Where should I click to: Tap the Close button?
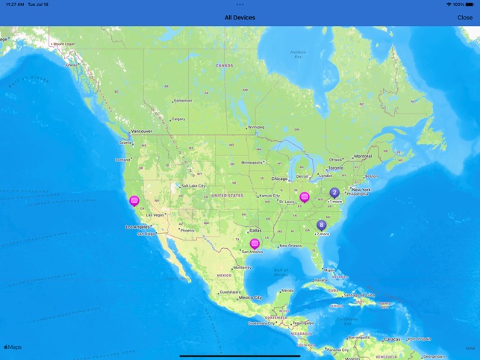click(x=464, y=17)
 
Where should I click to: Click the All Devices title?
click(x=240, y=17)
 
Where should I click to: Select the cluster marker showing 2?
click(x=334, y=193)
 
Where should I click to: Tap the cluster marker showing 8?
click(x=322, y=225)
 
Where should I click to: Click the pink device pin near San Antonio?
click(x=255, y=243)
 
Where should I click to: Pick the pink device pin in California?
click(x=134, y=200)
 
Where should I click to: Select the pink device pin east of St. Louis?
click(x=305, y=197)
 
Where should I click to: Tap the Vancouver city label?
click(x=141, y=131)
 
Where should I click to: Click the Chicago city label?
click(x=279, y=179)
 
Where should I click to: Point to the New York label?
click(x=361, y=190)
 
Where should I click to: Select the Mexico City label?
click(x=250, y=298)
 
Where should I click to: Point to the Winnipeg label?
click(x=256, y=128)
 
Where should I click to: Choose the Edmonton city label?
click(x=183, y=101)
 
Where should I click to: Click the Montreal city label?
click(x=363, y=157)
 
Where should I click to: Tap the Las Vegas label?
click(x=155, y=215)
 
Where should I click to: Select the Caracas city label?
click(x=392, y=339)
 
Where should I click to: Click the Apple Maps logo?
click(x=13, y=347)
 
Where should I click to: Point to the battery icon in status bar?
click(x=470, y=4)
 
